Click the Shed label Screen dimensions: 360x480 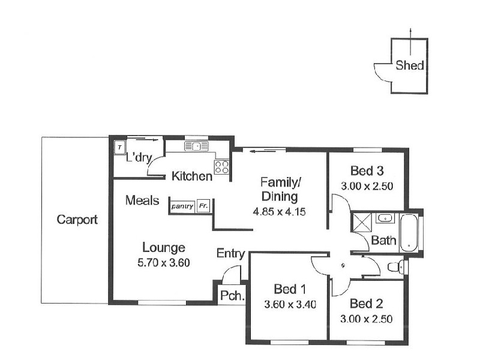[x=410, y=66]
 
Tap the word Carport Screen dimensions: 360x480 [x=77, y=220]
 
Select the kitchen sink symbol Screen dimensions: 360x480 [x=196, y=146]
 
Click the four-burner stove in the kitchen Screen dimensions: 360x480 [x=221, y=166]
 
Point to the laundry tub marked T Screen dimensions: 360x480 [x=119, y=147]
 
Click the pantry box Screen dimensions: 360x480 [x=182, y=206]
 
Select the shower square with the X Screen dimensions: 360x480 [x=362, y=222]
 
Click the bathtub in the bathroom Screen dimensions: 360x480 [x=409, y=233]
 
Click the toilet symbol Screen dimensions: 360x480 [x=395, y=267]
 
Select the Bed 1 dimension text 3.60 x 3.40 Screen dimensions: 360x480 [x=290, y=304]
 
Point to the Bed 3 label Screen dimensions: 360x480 [x=367, y=170]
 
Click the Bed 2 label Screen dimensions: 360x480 [x=367, y=304]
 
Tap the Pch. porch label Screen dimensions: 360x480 [x=230, y=295]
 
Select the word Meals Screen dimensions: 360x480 [x=142, y=200]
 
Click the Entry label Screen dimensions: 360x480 [x=230, y=254]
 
